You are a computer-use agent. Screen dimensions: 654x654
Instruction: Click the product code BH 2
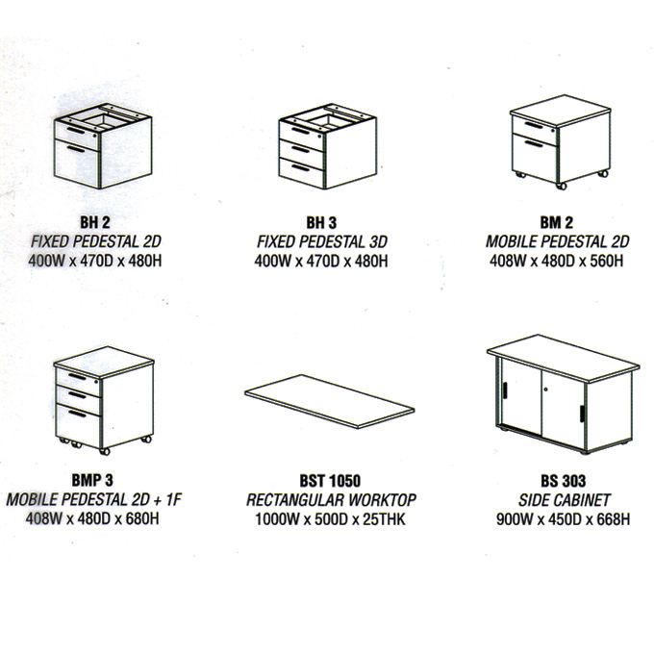pyautogui.click(x=95, y=222)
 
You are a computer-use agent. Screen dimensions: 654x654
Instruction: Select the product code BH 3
pyautogui.click(x=321, y=223)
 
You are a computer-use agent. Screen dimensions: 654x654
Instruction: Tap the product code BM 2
pyautogui.click(x=557, y=222)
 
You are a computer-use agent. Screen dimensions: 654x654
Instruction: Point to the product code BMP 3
pyautogui.click(x=92, y=480)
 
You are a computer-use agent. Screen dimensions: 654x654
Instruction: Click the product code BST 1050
pyautogui.click(x=330, y=481)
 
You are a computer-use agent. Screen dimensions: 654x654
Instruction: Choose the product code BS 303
pyautogui.click(x=563, y=481)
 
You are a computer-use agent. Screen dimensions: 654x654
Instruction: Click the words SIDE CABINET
pyautogui.click(x=564, y=500)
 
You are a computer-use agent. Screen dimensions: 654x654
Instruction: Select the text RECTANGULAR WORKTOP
pyautogui.click(x=331, y=500)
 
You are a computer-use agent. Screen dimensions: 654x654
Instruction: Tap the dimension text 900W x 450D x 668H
pyautogui.click(x=563, y=519)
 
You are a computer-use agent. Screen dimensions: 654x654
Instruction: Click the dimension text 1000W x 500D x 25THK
pyautogui.click(x=330, y=519)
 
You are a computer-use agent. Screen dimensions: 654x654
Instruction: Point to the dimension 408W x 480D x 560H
pyautogui.click(x=557, y=261)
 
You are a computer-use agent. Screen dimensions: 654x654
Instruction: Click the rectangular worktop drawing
pyautogui.click(x=330, y=401)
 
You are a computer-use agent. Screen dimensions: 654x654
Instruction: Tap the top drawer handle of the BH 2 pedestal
pyautogui.click(x=76, y=131)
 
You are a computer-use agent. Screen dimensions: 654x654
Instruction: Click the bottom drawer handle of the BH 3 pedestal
pyautogui.click(x=301, y=167)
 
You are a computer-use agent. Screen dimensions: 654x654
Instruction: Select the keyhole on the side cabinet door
pyautogui.click(x=546, y=390)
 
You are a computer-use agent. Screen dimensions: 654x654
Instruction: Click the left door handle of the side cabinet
pyautogui.click(x=505, y=390)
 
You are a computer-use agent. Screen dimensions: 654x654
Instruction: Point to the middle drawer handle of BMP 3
pyautogui.click(x=78, y=394)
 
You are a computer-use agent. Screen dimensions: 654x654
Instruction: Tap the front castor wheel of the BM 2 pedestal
pyautogui.click(x=561, y=186)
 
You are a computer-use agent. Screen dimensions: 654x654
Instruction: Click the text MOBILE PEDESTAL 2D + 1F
pyautogui.click(x=94, y=500)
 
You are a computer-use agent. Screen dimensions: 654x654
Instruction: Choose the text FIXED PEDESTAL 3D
pyautogui.click(x=321, y=242)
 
